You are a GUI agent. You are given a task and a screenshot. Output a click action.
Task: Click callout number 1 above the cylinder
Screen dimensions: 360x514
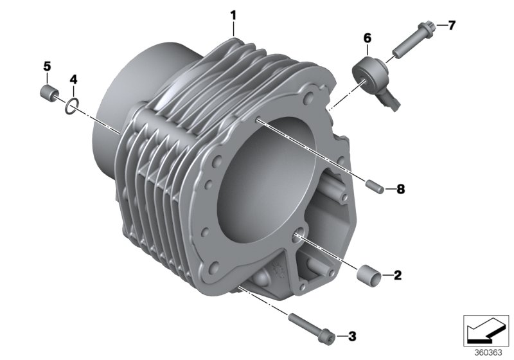(x=234, y=14)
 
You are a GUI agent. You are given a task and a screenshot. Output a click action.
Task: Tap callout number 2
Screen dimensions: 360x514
(x=397, y=276)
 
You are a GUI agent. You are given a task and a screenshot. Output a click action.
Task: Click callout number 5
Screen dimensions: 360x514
(x=46, y=66)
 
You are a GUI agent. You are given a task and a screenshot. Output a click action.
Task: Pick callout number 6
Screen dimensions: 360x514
(x=368, y=39)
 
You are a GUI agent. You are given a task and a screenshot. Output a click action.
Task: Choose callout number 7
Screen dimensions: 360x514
(x=451, y=25)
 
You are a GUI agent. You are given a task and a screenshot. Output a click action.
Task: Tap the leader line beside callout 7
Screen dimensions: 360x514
(x=440, y=26)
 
